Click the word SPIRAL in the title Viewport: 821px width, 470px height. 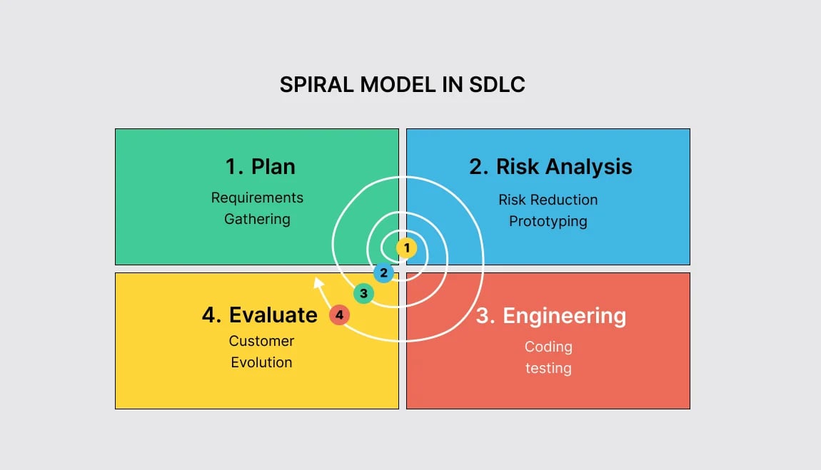[x=317, y=85]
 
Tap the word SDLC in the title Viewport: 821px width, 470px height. [x=497, y=85]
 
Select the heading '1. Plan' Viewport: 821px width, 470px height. [x=260, y=167]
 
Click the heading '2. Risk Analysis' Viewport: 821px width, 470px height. [x=550, y=167]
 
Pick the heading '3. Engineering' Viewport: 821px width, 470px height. [x=550, y=316]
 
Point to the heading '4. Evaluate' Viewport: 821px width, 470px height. [x=259, y=315]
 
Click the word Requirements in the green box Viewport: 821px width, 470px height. [x=257, y=198]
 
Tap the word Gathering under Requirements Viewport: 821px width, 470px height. [x=257, y=219]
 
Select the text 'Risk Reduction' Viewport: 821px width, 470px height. [x=548, y=200]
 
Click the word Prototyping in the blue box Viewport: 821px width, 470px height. [x=548, y=221]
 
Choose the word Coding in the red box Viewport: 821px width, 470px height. [x=548, y=347]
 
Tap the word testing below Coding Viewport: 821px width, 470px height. [x=548, y=368]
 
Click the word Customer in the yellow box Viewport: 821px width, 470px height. [x=261, y=341]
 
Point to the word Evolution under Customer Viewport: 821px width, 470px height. [x=261, y=362]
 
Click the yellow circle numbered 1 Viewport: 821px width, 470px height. [x=406, y=248]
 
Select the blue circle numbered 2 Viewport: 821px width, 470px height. [x=383, y=272]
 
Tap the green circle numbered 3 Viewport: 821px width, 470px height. [x=363, y=293]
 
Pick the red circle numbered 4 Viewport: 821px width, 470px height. [x=339, y=315]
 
